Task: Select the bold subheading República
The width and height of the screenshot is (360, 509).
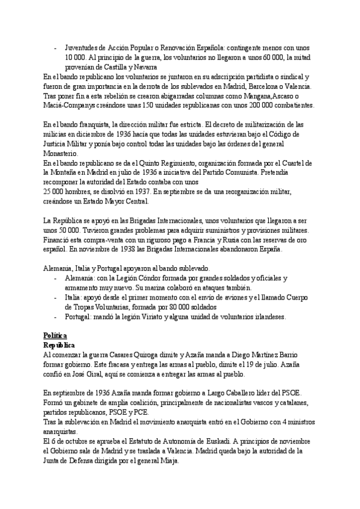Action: pyautogui.click(x=59, y=345)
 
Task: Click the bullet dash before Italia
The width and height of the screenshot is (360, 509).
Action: pyautogui.click(x=56, y=297)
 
